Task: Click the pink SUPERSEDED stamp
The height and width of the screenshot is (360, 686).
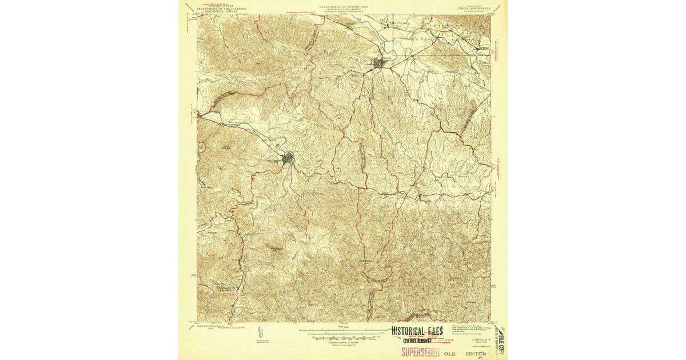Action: tap(420, 351)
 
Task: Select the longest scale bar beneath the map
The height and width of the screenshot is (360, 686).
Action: tap(343, 330)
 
